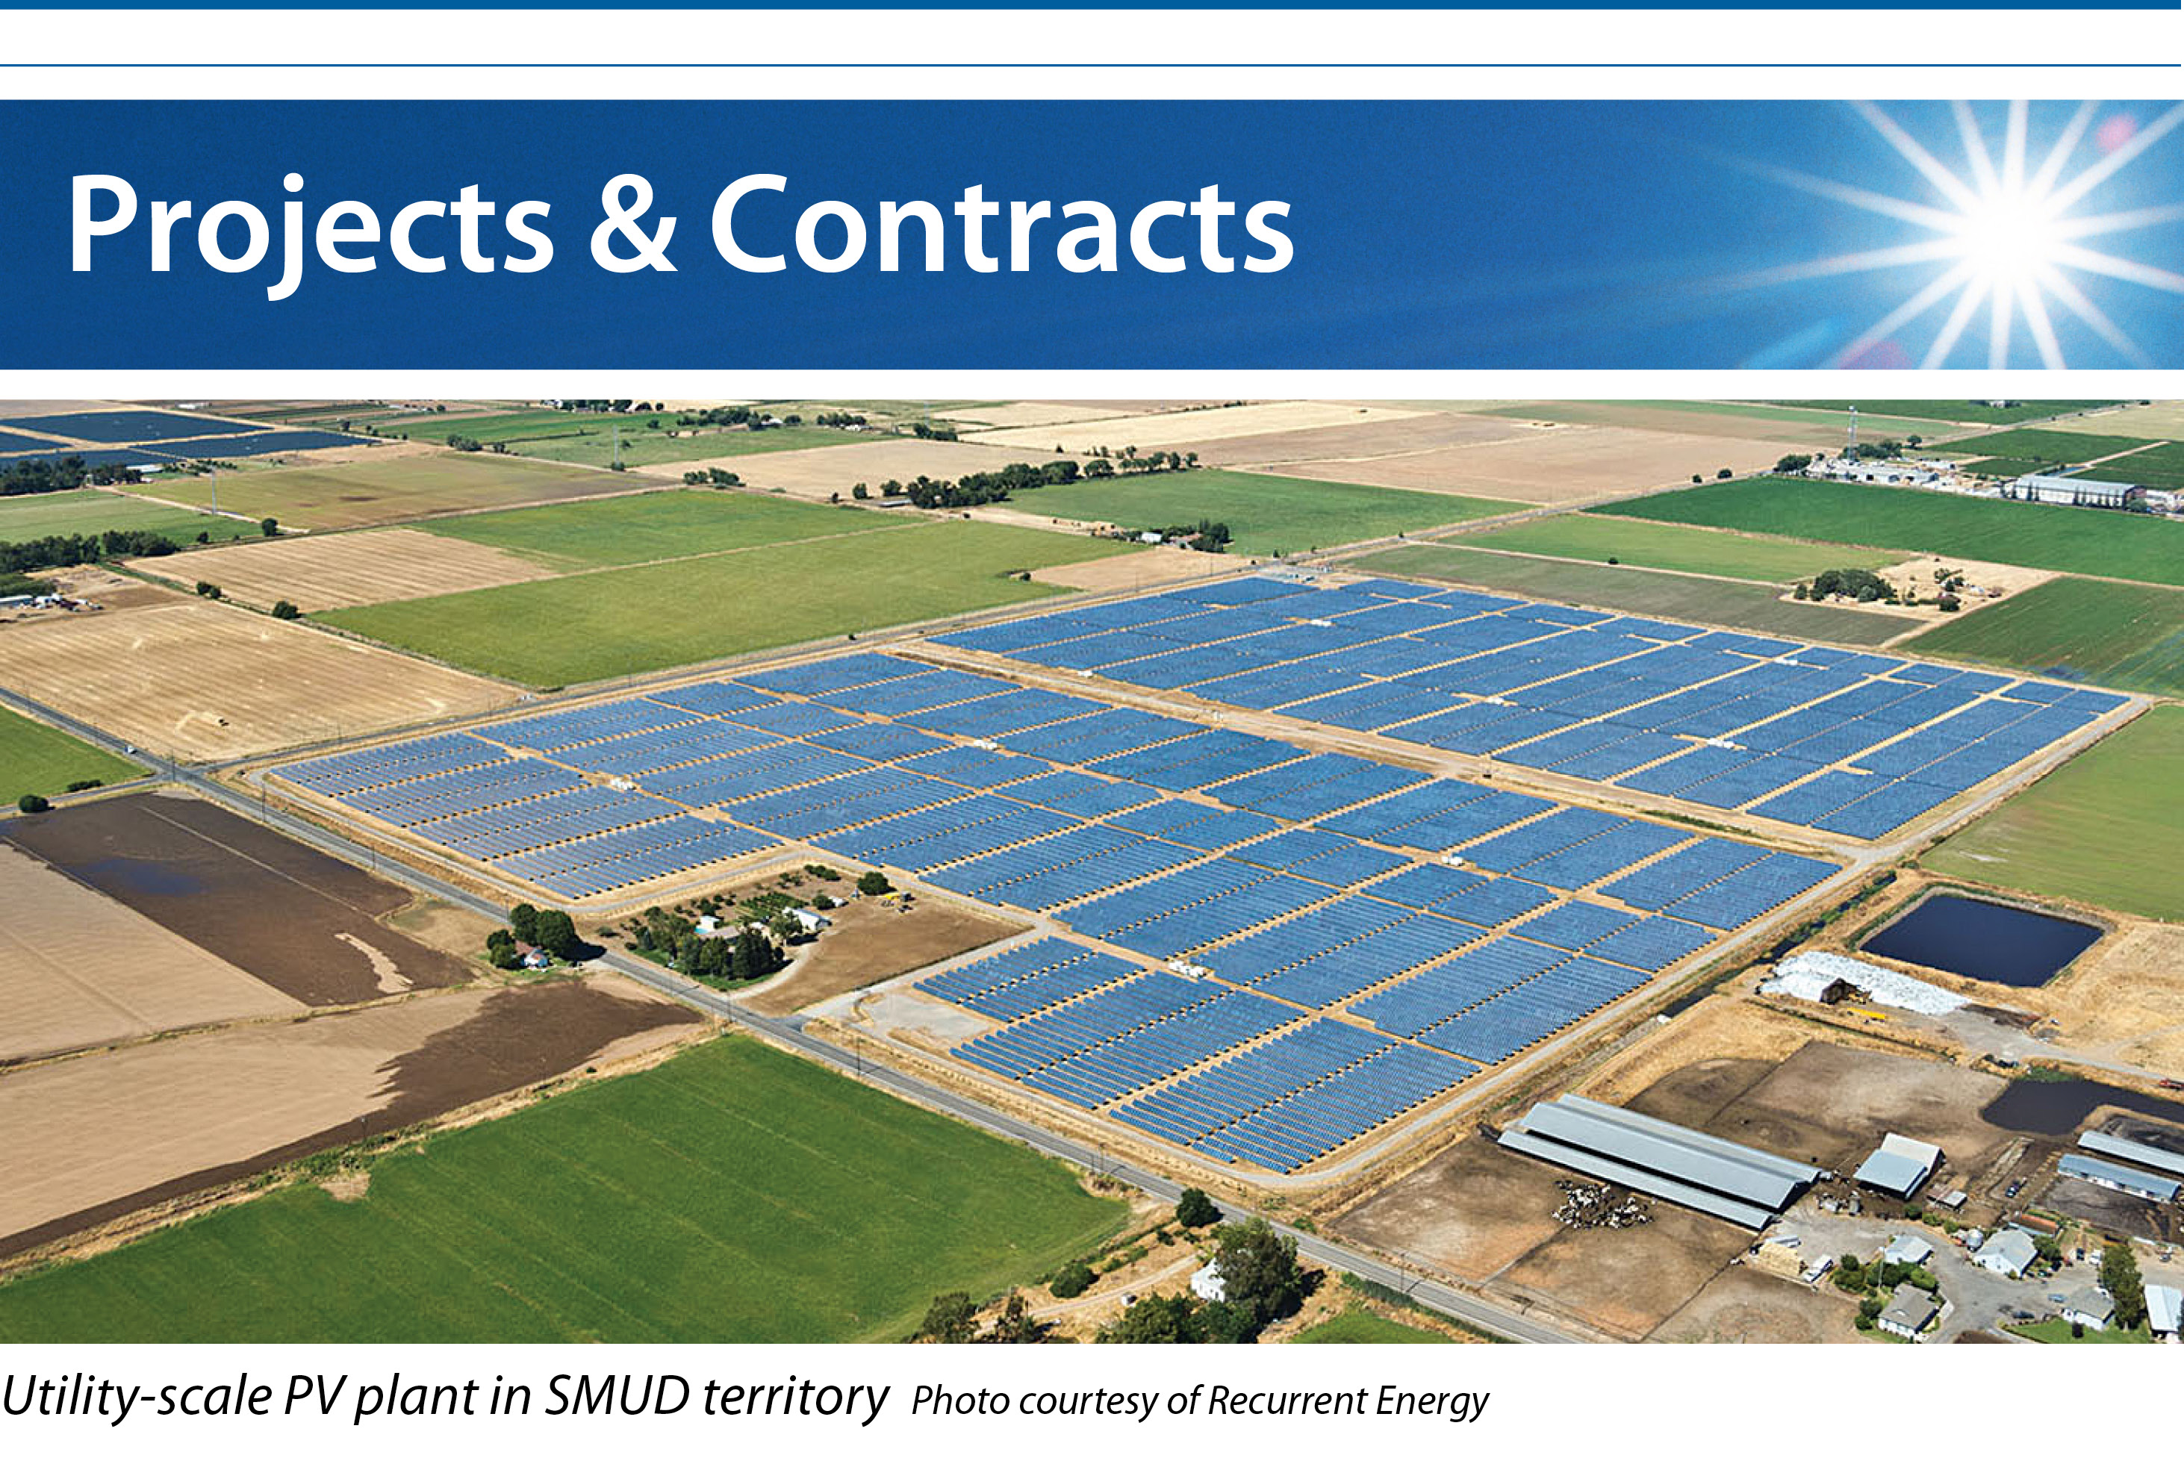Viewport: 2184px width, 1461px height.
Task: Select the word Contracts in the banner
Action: coord(1001,225)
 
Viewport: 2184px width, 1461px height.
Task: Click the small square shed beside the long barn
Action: coord(1897,1165)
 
